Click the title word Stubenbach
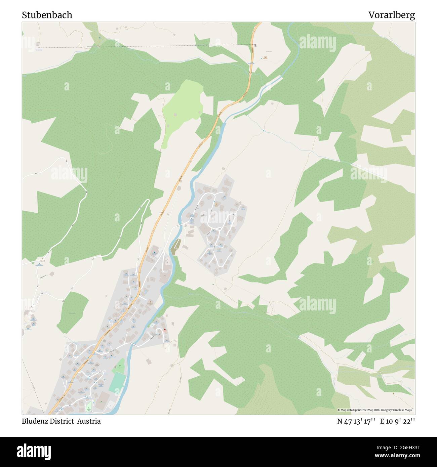point(47,15)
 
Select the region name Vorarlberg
point(391,15)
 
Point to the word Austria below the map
point(89,421)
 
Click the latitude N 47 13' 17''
point(356,421)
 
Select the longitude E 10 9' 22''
point(398,421)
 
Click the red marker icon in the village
point(165,330)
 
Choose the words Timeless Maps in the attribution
point(403,410)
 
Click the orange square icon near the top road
point(265,57)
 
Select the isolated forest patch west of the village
point(73,311)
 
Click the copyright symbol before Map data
point(339,410)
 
